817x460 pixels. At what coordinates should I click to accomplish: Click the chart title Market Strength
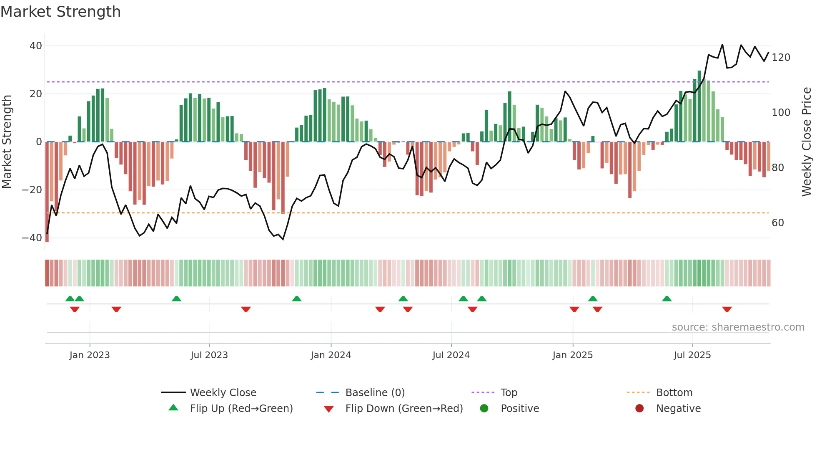click(61, 12)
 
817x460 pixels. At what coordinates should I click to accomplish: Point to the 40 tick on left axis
click(36, 46)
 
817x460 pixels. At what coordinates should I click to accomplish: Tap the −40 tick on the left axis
click(32, 238)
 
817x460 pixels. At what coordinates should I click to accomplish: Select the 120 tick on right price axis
click(781, 58)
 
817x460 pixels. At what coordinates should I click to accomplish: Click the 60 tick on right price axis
click(778, 223)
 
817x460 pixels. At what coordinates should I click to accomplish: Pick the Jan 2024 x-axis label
click(331, 355)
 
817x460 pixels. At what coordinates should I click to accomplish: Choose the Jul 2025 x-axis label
click(692, 355)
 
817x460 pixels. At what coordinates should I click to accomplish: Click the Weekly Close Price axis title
click(807, 142)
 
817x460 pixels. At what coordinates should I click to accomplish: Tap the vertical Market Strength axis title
click(7, 142)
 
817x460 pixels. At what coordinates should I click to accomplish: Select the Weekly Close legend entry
click(223, 393)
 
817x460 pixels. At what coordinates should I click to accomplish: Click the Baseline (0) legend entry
click(375, 393)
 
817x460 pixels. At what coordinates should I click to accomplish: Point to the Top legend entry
click(509, 393)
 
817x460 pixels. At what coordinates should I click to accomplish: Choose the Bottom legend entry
click(674, 393)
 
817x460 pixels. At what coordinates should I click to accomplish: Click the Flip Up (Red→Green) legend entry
click(241, 409)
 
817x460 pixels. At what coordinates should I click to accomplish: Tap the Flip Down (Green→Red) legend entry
click(404, 409)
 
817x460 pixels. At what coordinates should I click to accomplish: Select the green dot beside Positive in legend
click(484, 408)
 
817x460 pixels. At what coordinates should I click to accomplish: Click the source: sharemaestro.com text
click(738, 327)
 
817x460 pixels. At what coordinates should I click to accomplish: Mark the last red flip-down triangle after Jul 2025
click(727, 309)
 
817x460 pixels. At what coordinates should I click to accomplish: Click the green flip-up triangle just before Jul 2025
click(667, 299)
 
